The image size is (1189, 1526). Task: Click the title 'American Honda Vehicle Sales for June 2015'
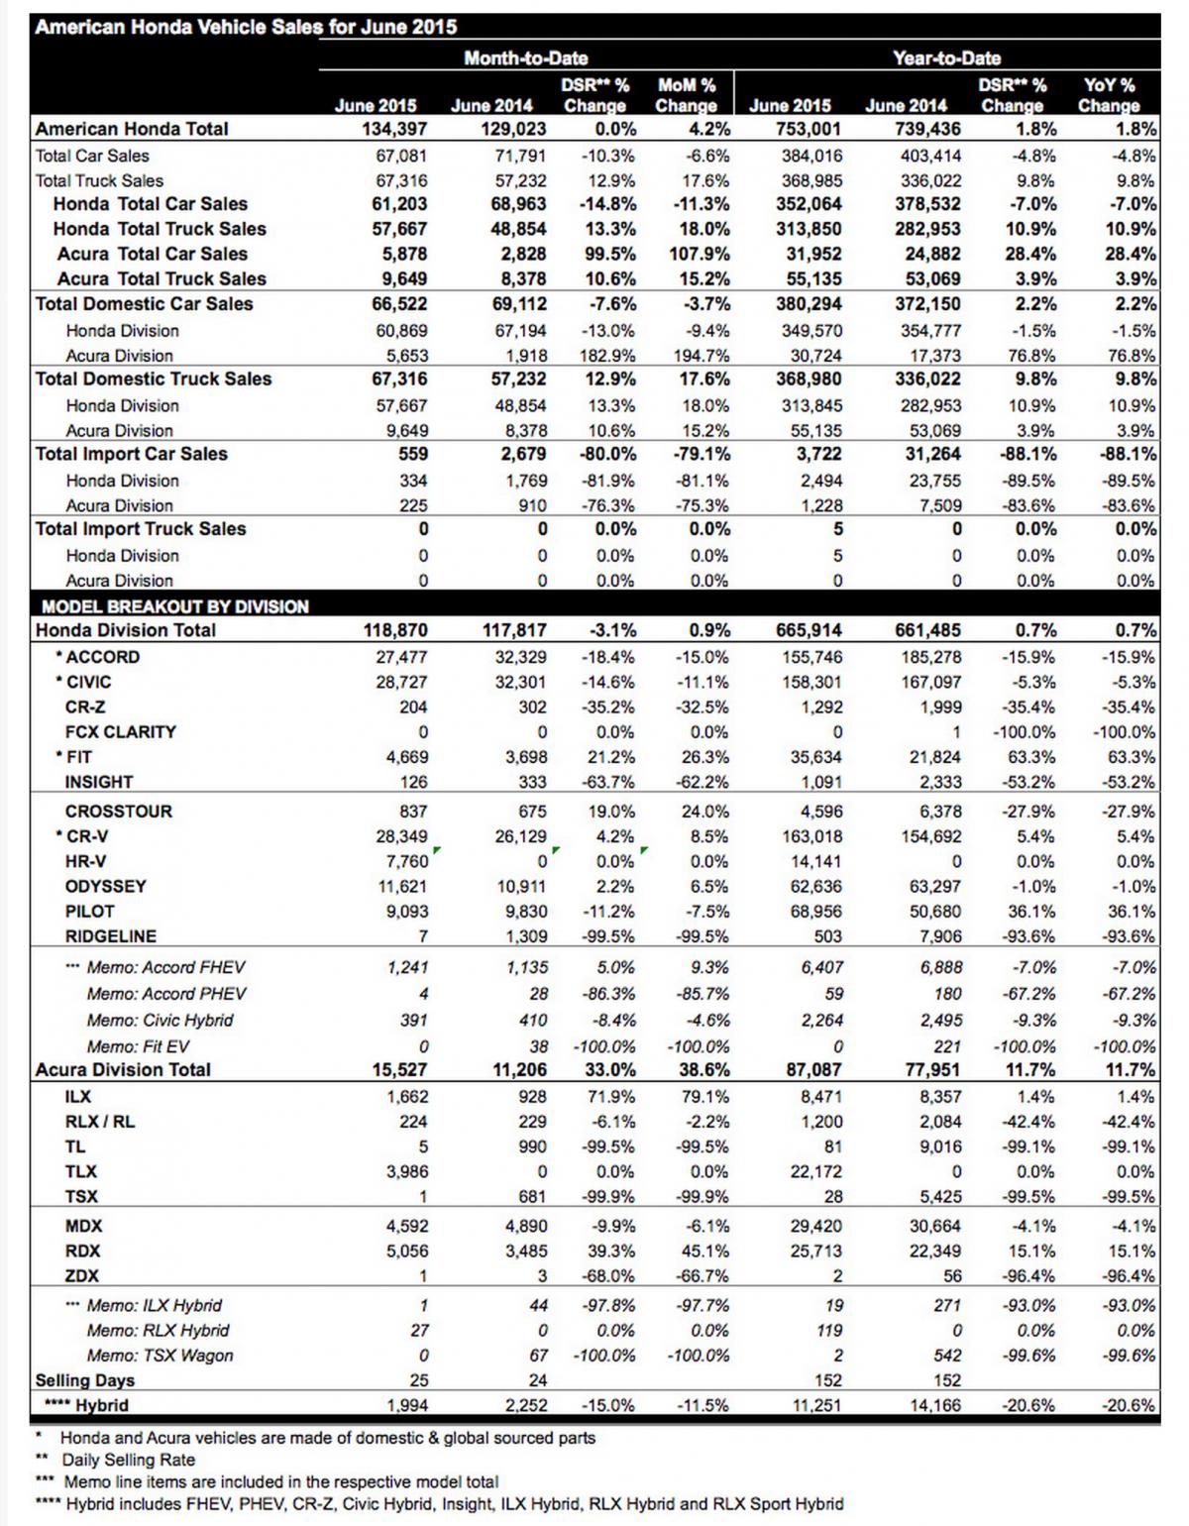coord(246,27)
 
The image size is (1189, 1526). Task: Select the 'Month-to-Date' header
coord(526,58)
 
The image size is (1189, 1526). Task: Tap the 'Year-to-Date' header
coord(946,58)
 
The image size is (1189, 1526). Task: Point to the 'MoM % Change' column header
coord(686,95)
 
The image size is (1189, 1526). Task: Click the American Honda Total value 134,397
coord(394,129)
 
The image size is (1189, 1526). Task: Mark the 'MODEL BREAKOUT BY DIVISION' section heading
coord(175,606)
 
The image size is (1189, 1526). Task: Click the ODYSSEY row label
coord(106,886)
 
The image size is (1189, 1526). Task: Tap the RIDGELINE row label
coord(111,935)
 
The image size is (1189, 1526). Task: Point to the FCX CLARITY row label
coord(121,731)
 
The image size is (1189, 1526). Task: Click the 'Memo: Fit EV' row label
coord(138,1046)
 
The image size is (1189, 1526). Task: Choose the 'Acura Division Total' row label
coord(123,1070)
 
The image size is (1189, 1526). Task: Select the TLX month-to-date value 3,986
coord(406,1171)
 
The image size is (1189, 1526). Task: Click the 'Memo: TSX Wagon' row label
coord(161,1356)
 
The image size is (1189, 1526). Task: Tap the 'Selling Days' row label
coord(85,1380)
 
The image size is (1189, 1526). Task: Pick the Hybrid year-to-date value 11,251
coord(816,1405)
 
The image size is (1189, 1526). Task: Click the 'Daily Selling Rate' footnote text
coord(129,1460)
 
